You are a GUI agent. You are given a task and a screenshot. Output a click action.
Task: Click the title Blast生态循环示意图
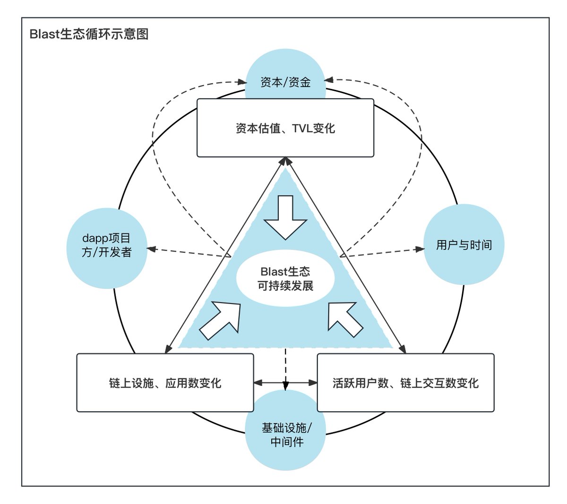(x=89, y=35)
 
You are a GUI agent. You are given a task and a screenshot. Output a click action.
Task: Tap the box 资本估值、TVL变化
(x=285, y=128)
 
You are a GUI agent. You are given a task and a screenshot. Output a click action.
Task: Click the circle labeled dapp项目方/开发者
(x=106, y=248)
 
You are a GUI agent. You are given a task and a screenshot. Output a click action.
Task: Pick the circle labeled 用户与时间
(x=464, y=244)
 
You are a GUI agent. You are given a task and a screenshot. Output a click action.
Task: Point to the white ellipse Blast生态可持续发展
(x=285, y=279)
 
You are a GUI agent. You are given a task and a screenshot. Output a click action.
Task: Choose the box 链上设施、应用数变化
(x=165, y=382)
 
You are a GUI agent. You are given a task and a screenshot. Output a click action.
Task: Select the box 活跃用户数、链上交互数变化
(x=405, y=382)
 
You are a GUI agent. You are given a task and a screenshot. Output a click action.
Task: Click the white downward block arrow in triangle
(x=285, y=217)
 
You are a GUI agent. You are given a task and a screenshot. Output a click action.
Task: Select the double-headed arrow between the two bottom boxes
(x=285, y=382)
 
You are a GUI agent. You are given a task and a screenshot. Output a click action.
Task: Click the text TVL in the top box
(x=302, y=128)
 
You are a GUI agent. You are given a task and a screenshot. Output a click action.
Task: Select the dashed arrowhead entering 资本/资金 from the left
(x=241, y=82)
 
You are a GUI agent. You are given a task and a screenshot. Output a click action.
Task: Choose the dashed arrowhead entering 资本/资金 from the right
(x=329, y=80)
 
